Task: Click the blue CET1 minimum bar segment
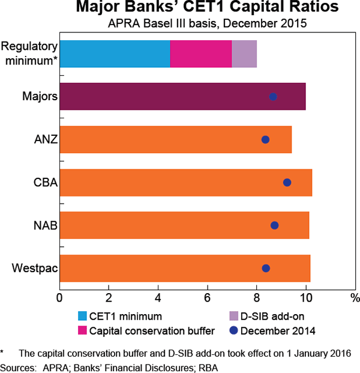[x=115, y=53]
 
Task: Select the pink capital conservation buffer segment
[x=201, y=53]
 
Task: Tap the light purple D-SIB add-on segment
[x=244, y=53]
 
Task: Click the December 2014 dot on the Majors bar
[x=273, y=97]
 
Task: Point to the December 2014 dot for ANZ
[x=265, y=139]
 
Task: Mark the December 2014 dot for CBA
[x=287, y=182]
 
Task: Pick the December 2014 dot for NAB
[x=274, y=225]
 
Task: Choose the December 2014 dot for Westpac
[x=266, y=268]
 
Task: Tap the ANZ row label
[x=45, y=139]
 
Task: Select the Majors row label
[x=40, y=97]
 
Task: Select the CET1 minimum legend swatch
[x=82, y=316]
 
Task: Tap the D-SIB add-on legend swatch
[x=235, y=316]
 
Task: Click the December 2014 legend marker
[x=235, y=330]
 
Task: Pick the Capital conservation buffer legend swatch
[x=82, y=330]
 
